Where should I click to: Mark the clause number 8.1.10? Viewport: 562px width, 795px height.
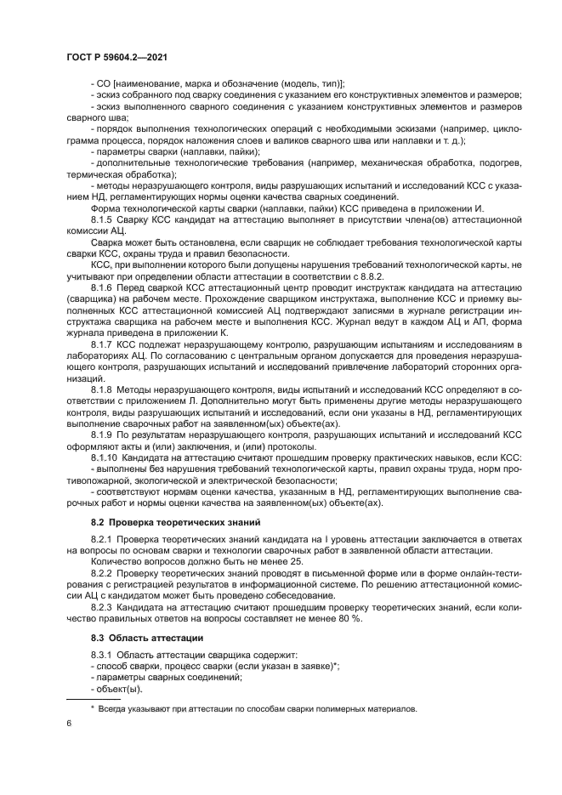click(x=105, y=457)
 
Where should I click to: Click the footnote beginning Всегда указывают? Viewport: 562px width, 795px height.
click(x=256, y=708)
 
